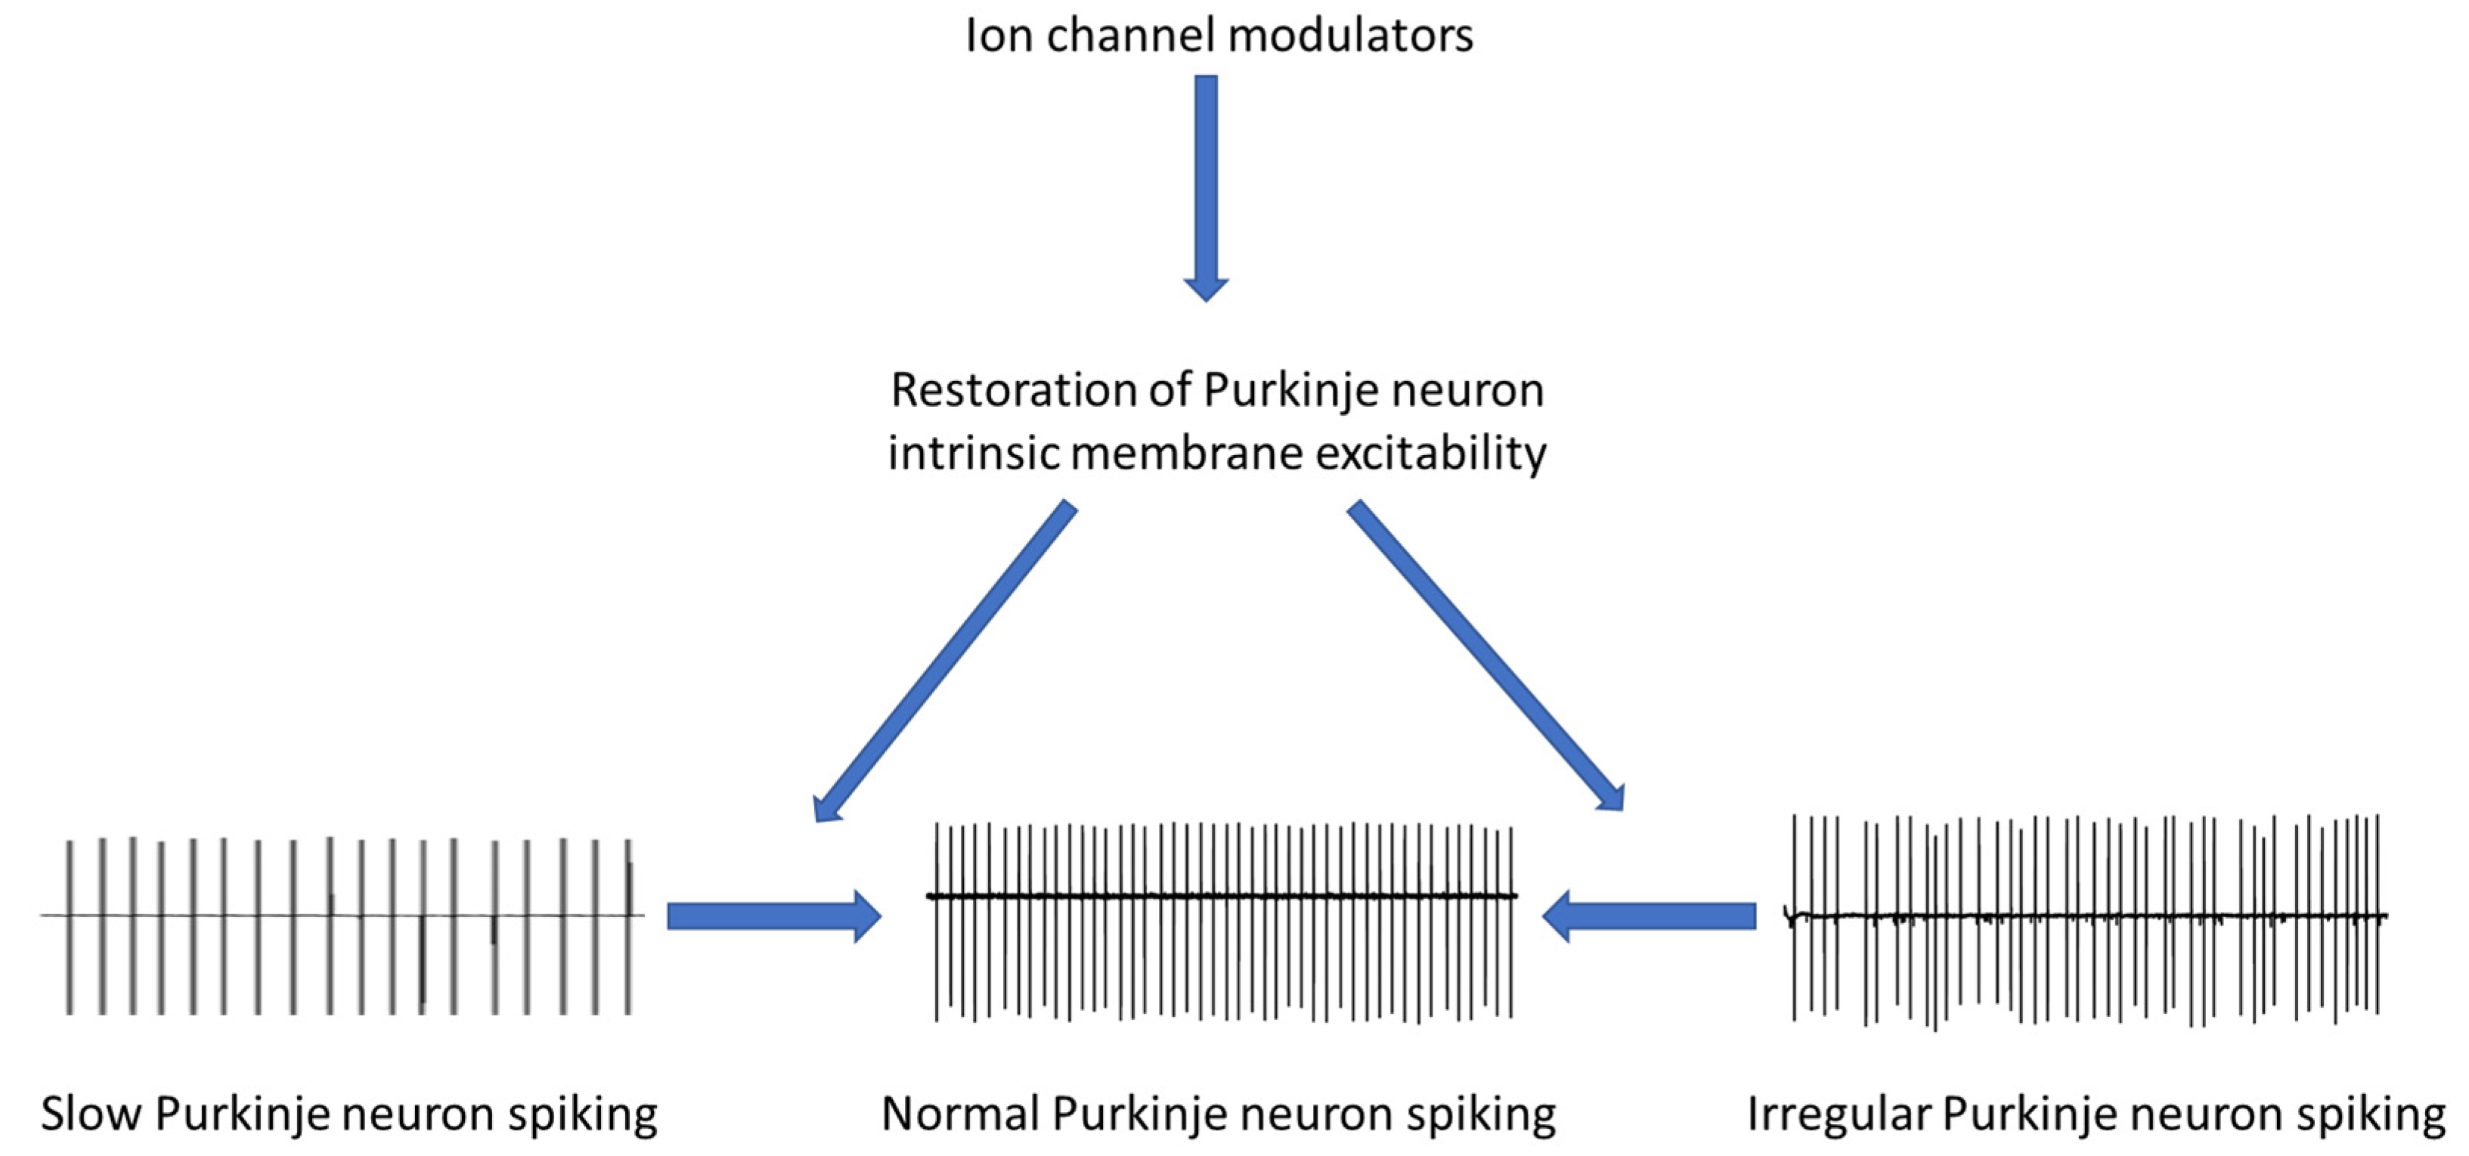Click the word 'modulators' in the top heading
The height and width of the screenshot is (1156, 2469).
coord(1349,36)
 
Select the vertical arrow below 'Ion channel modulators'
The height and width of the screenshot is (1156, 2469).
coord(1206,188)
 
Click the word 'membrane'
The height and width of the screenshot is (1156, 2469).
coord(1185,452)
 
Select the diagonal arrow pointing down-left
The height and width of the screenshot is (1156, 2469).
coord(944,661)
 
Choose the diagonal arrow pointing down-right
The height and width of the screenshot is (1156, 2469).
coord(1486,655)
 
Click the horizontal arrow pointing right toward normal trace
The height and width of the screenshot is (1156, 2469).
coord(773,916)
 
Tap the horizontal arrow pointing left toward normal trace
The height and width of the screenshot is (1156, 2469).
coord(1649,916)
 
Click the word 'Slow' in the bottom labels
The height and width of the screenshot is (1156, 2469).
coord(91,1114)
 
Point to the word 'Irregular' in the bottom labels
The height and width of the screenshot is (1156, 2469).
coord(1839,1114)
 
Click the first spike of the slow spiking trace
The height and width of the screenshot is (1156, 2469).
coord(69,926)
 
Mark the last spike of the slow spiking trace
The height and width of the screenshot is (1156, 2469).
coord(629,926)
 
